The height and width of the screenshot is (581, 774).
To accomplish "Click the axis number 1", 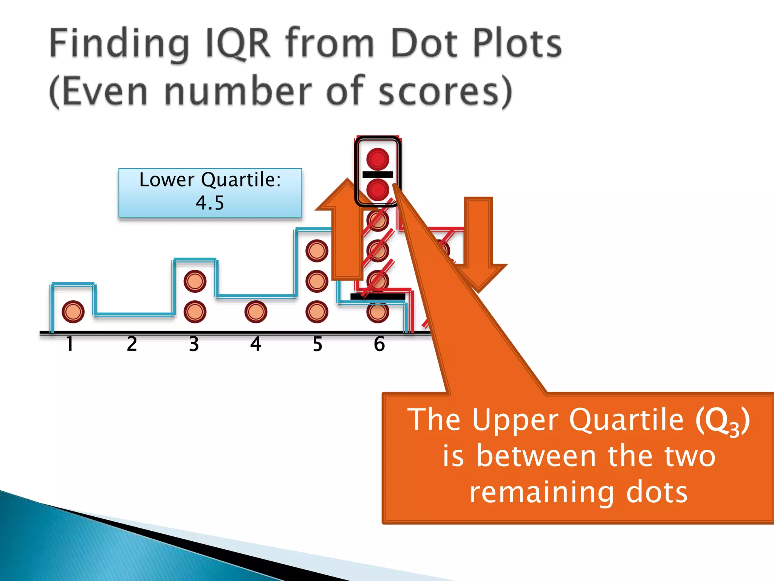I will pyautogui.click(x=70, y=344).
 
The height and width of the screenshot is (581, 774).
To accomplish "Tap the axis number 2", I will pyautogui.click(x=132, y=344).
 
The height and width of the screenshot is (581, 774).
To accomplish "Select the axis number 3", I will pyautogui.click(x=194, y=344).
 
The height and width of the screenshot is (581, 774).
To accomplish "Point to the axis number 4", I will pyautogui.click(x=256, y=344).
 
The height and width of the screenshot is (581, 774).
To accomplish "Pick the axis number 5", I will pyautogui.click(x=317, y=344).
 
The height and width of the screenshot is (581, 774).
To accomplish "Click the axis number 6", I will pyautogui.click(x=379, y=344).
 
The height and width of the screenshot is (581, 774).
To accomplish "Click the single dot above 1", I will pyautogui.click(x=73, y=312).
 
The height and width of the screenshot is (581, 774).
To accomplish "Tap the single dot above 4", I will pyautogui.click(x=256, y=312).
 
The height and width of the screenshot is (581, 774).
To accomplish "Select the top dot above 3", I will pyautogui.click(x=195, y=281).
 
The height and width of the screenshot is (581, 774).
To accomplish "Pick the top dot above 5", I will pyautogui.click(x=317, y=251).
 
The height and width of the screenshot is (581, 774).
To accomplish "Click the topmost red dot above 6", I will pyautogui.click(x=378, y=158).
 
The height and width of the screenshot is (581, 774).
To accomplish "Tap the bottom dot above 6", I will pyautogui.click(x=378, y=312).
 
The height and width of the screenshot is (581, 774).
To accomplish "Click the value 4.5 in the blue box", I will pyautogui.click(x=210, y=203).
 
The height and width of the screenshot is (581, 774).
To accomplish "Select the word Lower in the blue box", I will pyautogui.click(x=167, y=180).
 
